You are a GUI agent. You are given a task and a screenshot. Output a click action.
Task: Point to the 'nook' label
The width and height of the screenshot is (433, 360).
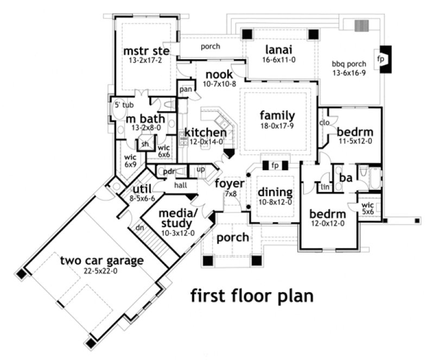tap(219, 74)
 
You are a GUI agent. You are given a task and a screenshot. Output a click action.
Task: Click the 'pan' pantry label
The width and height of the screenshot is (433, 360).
tap(186, 89)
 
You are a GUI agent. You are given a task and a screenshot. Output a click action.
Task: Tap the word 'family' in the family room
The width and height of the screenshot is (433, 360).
tap(277, 115)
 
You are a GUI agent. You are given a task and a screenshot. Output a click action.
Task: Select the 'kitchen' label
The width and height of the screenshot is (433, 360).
tap(205, 132)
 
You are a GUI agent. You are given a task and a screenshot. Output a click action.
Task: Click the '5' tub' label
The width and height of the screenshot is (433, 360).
tap(124, 105)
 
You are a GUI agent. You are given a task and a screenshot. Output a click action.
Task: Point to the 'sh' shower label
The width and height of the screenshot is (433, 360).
tap(145, 144)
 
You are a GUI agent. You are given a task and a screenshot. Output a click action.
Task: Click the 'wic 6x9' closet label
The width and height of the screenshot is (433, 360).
tap(131, 160)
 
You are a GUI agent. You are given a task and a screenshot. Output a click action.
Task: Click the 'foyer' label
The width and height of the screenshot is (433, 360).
tap(230, 183)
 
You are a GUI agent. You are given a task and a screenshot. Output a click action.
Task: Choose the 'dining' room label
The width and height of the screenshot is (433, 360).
tap(275, 192)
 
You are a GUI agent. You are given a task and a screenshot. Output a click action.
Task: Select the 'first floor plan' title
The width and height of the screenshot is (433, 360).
tap(252, 296)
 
